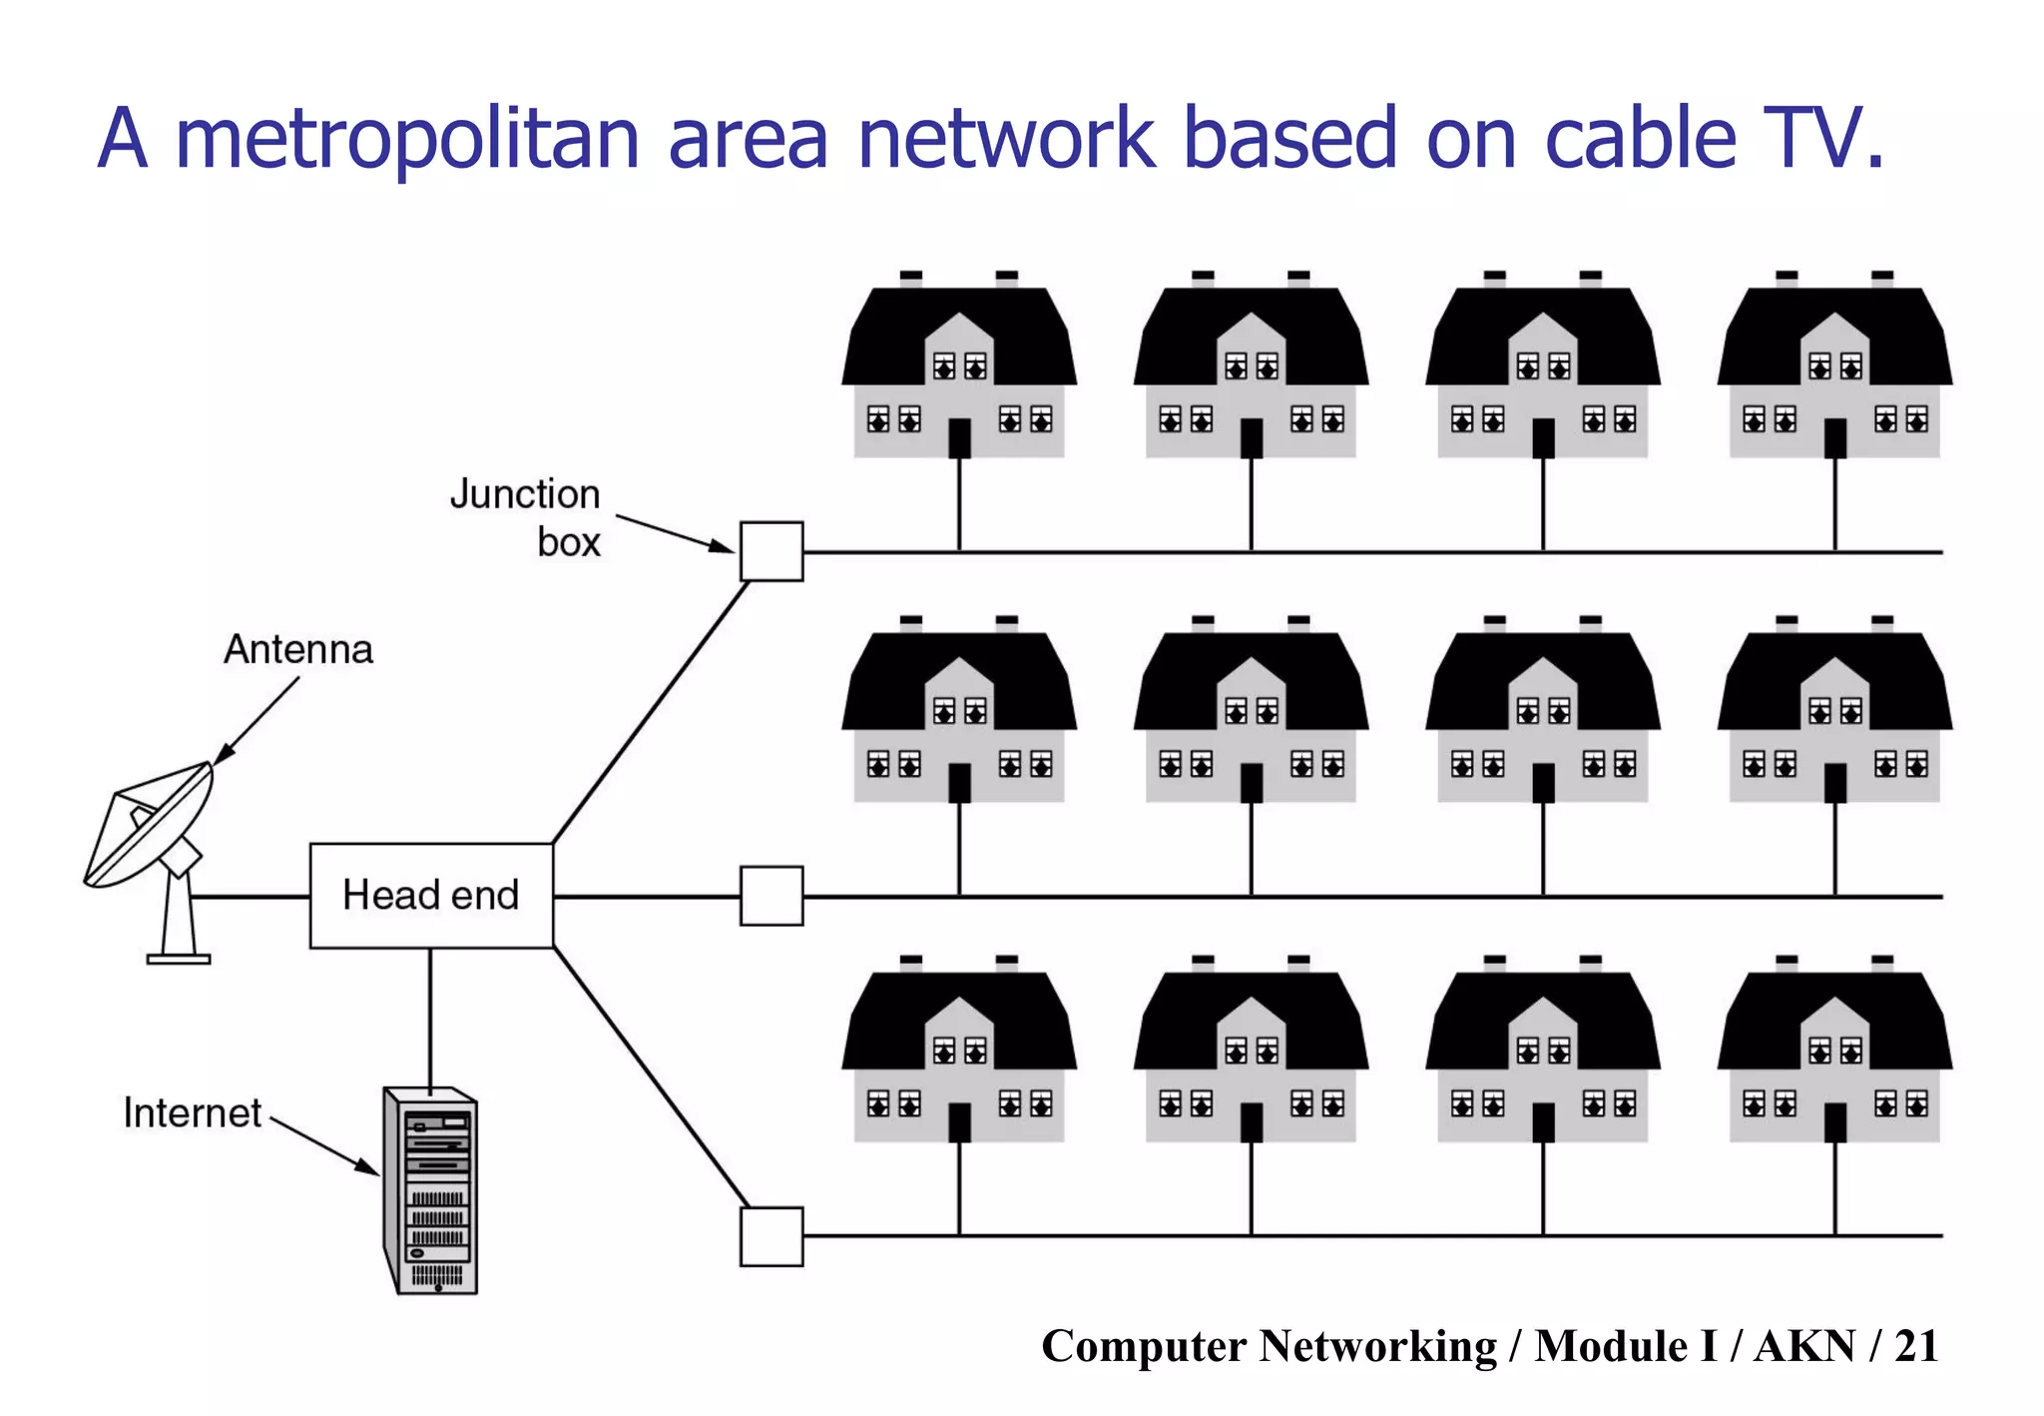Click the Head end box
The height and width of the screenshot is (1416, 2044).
tap(431, 896)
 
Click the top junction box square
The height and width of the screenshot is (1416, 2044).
tap(771, 551)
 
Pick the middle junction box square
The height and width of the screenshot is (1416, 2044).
tap(771, 896)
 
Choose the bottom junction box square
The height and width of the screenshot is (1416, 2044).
tap(771, 1236)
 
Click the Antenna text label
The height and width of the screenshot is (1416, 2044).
tap(298, 650)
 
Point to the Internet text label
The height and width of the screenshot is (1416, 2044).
tap(192, 1112)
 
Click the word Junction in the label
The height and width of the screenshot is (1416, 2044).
tap(524, 494)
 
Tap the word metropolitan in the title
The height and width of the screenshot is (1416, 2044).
tap(407, 140)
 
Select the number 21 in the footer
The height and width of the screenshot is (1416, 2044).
tap(1916, 1346)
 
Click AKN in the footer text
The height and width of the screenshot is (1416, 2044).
tap(1804, 1346)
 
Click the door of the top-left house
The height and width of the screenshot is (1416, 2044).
tap(959, 437)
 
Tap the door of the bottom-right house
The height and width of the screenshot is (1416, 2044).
tap(1834, 1121)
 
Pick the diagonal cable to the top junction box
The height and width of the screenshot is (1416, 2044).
tap(651, 713)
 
